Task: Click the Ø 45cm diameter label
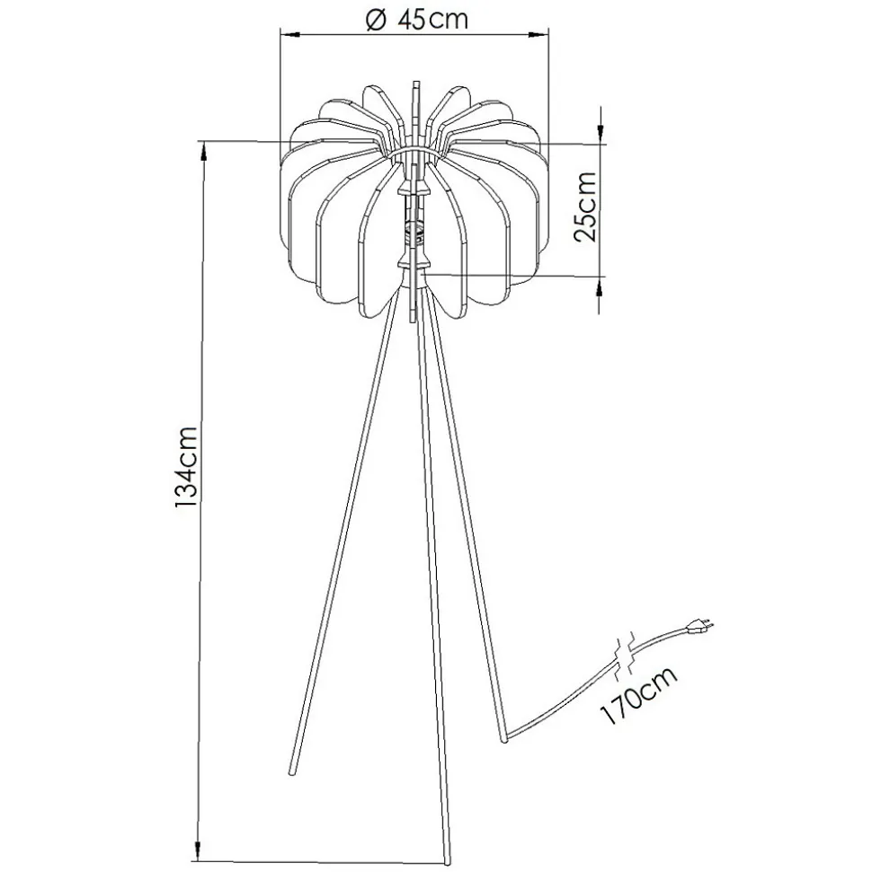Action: pos(416,20)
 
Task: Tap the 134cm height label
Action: pos(185,467)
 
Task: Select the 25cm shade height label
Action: pos(586,207)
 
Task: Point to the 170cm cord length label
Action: pos(638,695)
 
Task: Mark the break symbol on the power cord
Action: pos(624,656)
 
